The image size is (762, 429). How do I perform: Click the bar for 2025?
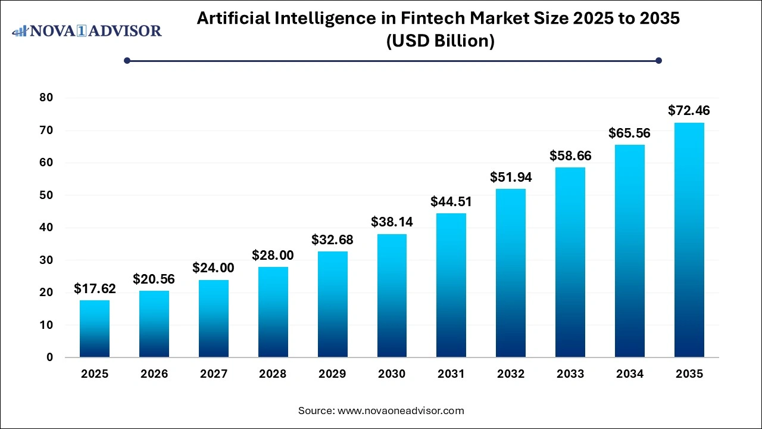pos(95,329)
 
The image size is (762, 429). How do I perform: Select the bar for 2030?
pos(392,296)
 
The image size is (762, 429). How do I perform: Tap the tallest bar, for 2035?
pos(689,240)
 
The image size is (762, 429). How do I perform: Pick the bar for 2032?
pos(511,273)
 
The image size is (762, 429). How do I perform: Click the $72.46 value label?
pos(689,110)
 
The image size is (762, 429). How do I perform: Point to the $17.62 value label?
pos(95,288)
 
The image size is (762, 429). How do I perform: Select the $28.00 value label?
pos(273,255)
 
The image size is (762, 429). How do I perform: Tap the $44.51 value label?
pos(451,201)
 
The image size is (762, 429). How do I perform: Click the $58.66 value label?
pos(570,156)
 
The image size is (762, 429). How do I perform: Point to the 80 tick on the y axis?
pos(46,98)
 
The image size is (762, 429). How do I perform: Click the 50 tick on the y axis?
pos(46,195)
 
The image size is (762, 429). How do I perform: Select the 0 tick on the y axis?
pos(50,357)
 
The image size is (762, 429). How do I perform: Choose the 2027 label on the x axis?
pos(213,374)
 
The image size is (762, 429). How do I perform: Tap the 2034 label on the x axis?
pos(629,374)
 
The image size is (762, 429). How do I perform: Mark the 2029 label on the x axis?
pos(332,374)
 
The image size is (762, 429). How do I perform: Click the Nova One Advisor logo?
pos(87,30)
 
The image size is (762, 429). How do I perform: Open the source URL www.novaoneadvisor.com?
pos(401,411)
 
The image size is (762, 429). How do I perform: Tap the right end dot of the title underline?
pos(658,60)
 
